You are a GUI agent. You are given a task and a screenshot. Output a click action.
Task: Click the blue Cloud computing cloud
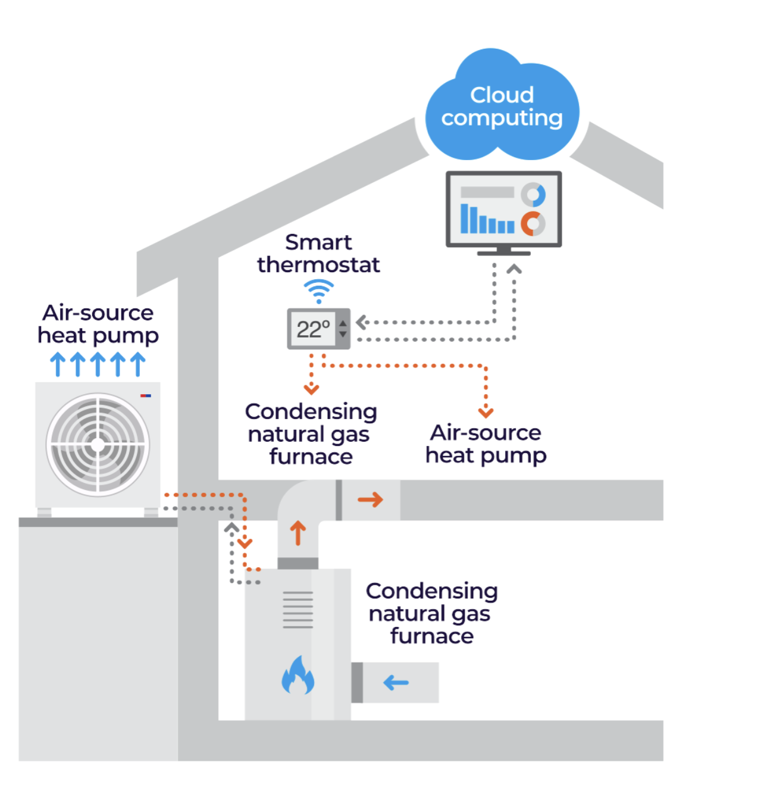(x=502, y=107)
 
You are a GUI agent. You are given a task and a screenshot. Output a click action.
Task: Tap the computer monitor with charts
(x=503, y=209)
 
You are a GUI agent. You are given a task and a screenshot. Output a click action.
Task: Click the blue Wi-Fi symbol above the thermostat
(x=319, y=291)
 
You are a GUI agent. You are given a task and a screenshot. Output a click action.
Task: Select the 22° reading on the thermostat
(x=313, y=329)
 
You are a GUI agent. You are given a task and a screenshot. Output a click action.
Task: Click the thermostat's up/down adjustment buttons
(x=343, y=329)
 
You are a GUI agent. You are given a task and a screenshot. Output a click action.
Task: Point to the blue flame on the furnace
(x=297, y=676)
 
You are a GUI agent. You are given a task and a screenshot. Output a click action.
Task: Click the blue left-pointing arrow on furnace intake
(x=396, y=682)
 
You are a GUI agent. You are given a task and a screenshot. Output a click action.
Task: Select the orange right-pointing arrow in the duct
(x=370, y=499)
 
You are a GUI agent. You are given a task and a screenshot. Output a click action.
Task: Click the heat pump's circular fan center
(x=98, y=445)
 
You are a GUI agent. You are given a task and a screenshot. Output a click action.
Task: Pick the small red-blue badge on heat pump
(x=146, y=395)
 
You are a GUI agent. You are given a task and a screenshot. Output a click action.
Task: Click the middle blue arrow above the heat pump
(x=98, y=364)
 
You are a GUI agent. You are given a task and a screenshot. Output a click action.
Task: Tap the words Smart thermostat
(x=318, y=253)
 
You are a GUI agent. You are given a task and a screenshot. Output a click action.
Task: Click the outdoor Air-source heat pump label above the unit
(x=98, y=324)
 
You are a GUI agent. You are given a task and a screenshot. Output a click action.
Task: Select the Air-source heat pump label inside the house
(x=486, y=444)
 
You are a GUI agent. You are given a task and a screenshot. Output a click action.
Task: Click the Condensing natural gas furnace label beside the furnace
(x=431, y=613)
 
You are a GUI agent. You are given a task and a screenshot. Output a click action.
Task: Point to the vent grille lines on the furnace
(x=297, y=610)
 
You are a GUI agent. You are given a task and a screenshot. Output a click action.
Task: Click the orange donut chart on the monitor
(x=533, y=223)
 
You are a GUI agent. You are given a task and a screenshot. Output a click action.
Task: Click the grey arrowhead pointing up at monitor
(x=514, y=269)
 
